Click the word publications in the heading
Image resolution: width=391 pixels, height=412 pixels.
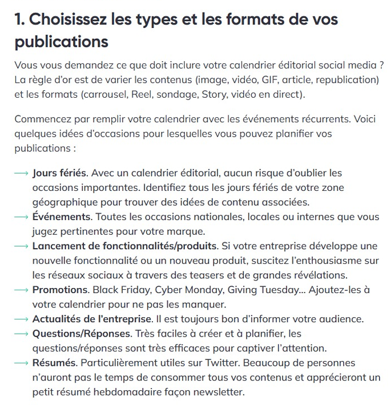tap(61, 42)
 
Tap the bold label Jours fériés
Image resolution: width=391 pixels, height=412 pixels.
tap(59, 172)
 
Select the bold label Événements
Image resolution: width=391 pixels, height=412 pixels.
tap(61, 217)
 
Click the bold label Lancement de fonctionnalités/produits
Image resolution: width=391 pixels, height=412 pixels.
tap(124, 246)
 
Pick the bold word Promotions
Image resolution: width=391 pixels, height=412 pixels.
tap(59, 290)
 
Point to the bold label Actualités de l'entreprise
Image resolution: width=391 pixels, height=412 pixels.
tap(92, 318)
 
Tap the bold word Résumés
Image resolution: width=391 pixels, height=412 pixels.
tap(55, 363)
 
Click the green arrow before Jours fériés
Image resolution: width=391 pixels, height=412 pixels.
tap(22, 173)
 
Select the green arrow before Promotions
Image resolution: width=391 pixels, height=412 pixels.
tap(22, 290)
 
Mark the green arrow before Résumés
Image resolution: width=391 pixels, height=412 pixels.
tap(22, 363)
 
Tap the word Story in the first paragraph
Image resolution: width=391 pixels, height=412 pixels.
tap(214, 94)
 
